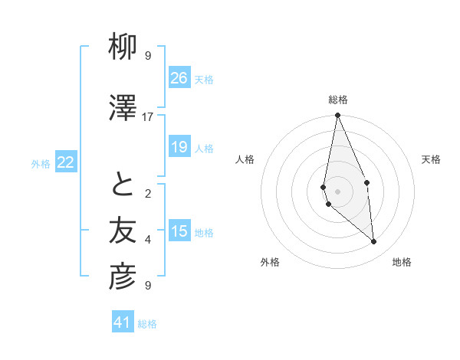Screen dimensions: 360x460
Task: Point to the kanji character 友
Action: [x=123, y=231]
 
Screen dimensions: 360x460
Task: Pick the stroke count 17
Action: [x=148, y=117]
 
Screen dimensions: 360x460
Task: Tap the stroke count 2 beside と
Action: [x=148, y=194]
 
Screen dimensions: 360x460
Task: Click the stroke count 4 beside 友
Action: [x=148, y=240]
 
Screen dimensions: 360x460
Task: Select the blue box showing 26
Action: [x=179, y=77]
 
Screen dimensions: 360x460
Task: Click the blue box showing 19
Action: [x=179, y=147]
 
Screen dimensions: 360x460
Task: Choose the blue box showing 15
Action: [x=179, y=231]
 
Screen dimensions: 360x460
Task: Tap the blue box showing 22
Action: [x=66, y=162]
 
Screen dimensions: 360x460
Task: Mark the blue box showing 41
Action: [x=123, y=322]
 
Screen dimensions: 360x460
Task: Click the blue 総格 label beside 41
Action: [x=147, y=324]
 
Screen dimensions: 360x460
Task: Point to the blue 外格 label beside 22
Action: [x=41, y=163]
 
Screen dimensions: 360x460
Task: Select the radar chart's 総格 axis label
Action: [x=337, y=100]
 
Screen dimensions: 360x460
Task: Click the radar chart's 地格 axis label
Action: [x=402, y=262]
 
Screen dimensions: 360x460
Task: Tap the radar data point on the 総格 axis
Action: [x=337, y=116]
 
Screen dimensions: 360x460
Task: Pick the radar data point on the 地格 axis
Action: [x=374, y=242]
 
